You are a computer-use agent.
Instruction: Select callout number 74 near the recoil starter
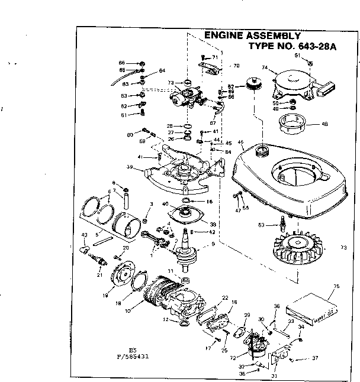point(265,68)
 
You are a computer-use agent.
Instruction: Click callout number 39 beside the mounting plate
point(130,167)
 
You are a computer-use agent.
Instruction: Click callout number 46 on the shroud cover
point(240,143)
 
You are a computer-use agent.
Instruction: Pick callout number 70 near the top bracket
point(236,66)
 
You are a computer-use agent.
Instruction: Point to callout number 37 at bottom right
point(315,358)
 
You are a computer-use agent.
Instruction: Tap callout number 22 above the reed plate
point(225,297)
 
